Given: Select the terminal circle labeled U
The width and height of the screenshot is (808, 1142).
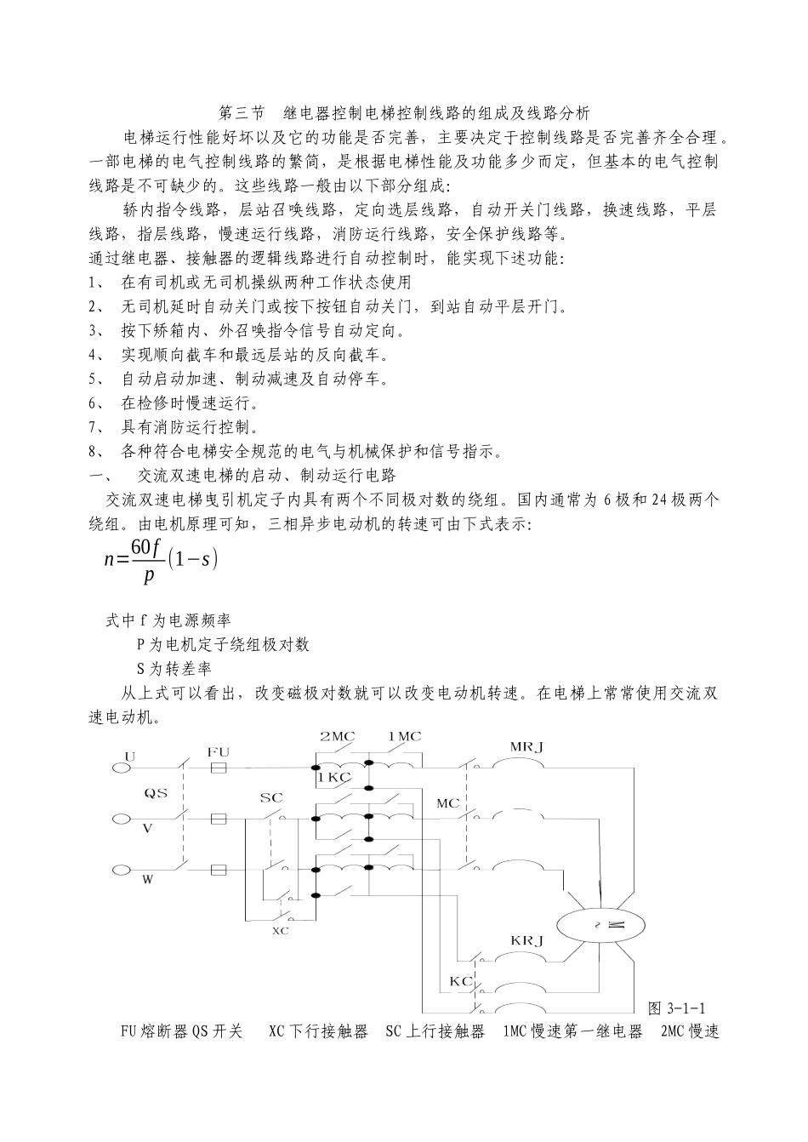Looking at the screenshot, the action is pos(121,768).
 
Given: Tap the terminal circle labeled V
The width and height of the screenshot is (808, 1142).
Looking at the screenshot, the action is pos(121,819).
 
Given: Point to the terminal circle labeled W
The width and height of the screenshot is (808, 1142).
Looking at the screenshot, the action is pos(121,870).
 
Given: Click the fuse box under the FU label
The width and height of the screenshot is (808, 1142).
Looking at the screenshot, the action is pos(218,768).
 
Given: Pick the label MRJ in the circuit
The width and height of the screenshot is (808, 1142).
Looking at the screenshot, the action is pos(526,746).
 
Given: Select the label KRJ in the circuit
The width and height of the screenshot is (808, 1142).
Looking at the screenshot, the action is pos(527,940).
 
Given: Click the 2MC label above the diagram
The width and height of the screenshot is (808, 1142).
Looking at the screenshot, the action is pos(336,736).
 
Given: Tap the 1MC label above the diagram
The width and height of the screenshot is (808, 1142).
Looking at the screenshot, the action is pos(404,736).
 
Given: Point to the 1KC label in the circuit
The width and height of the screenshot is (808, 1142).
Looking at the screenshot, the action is pos(334,777).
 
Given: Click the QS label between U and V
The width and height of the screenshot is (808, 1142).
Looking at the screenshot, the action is pos(155,793).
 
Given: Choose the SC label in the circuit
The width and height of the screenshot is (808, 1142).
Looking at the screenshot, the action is pos(270,798).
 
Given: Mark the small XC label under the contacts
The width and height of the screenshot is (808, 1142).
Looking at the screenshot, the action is pos(280,931).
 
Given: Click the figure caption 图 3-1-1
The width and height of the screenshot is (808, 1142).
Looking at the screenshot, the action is pos(677,1008).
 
